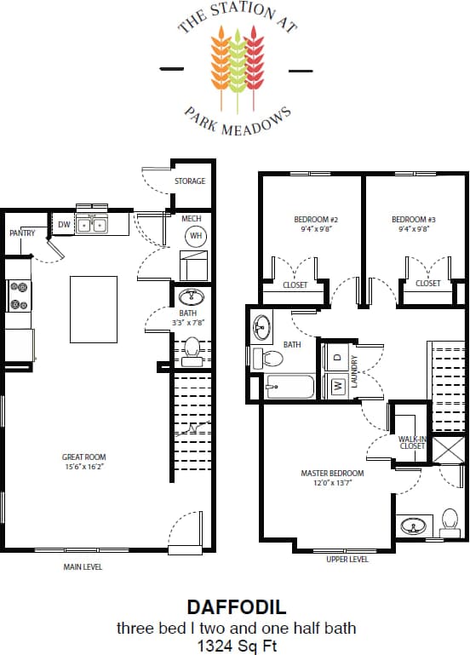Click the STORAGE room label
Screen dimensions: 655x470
[x=189, y=181]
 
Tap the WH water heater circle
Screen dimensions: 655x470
[x=195, y=235]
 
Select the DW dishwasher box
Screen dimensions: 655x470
[x=64, y=225]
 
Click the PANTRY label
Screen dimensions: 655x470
[x=21, y=233]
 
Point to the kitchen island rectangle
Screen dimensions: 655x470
[x=93, y=308]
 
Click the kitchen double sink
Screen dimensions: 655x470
[x=92, y=225]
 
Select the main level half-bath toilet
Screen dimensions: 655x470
[x=192, y=350]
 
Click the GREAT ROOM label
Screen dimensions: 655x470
[x=83, y=457]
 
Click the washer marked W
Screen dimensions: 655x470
[x=336, y=386]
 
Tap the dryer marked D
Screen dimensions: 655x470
[x=336, y=357]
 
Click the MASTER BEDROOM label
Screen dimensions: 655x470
[x=332, y=473]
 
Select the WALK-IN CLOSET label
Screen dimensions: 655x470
[x=412, y=442]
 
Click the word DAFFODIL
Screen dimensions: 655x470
[x=235, y=607]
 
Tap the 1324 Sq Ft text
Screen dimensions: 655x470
[x=235, y=645]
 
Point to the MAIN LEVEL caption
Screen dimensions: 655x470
[x=83, y=566]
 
